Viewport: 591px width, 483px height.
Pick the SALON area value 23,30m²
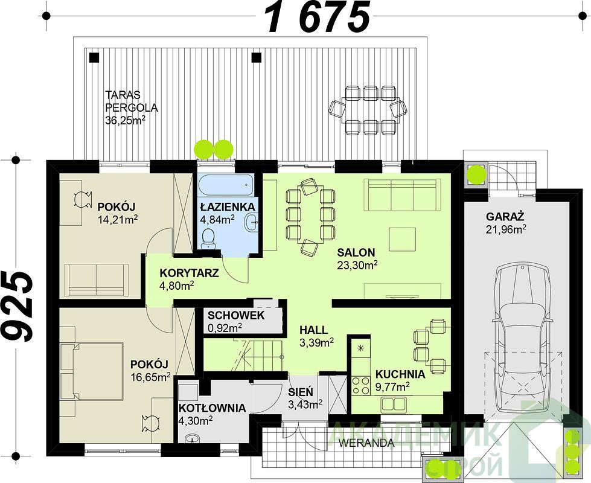click(357, 266)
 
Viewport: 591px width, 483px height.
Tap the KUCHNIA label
click(400, 374)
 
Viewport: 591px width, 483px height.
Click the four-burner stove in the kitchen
click(361, 385)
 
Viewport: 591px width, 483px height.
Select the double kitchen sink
click(393, 405)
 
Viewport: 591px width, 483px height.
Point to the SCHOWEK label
click(236, 316)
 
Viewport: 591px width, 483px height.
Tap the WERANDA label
click(366, 443)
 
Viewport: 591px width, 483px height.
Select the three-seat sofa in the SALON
click(402, 194)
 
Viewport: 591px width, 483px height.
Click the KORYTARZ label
click(189, 273)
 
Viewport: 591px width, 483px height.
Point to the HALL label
click(313, 330)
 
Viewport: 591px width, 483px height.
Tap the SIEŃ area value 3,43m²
click(305, 404)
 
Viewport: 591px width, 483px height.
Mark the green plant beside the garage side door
click(476, 173)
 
